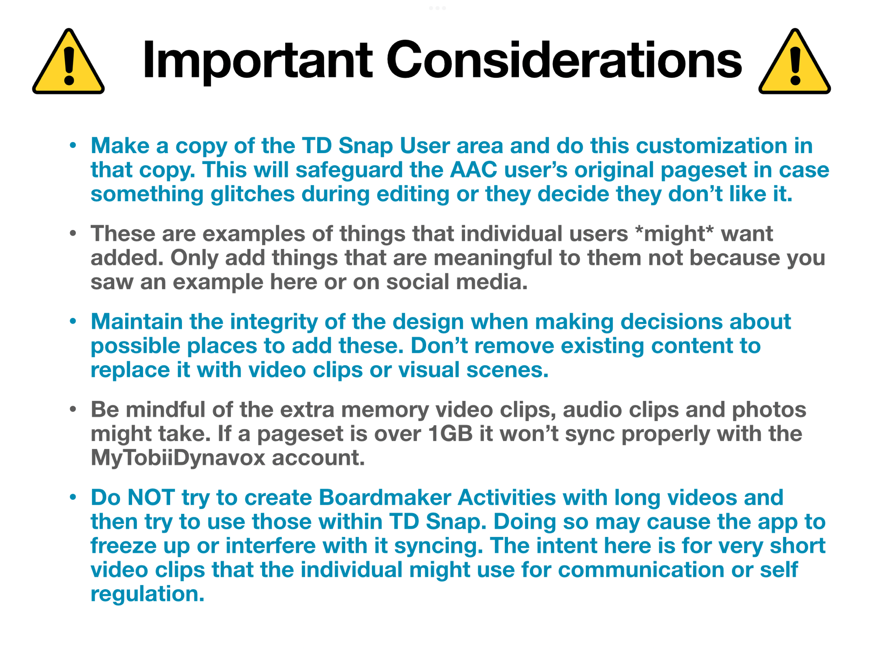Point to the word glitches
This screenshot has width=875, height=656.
(252, 194)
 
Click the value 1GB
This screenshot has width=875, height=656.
(451, 434)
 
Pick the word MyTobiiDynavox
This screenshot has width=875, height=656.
(178, 458)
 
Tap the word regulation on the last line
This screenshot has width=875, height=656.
(147, 594)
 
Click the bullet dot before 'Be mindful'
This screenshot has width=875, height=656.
(73, 409)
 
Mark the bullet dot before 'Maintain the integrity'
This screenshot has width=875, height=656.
(73, 321)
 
